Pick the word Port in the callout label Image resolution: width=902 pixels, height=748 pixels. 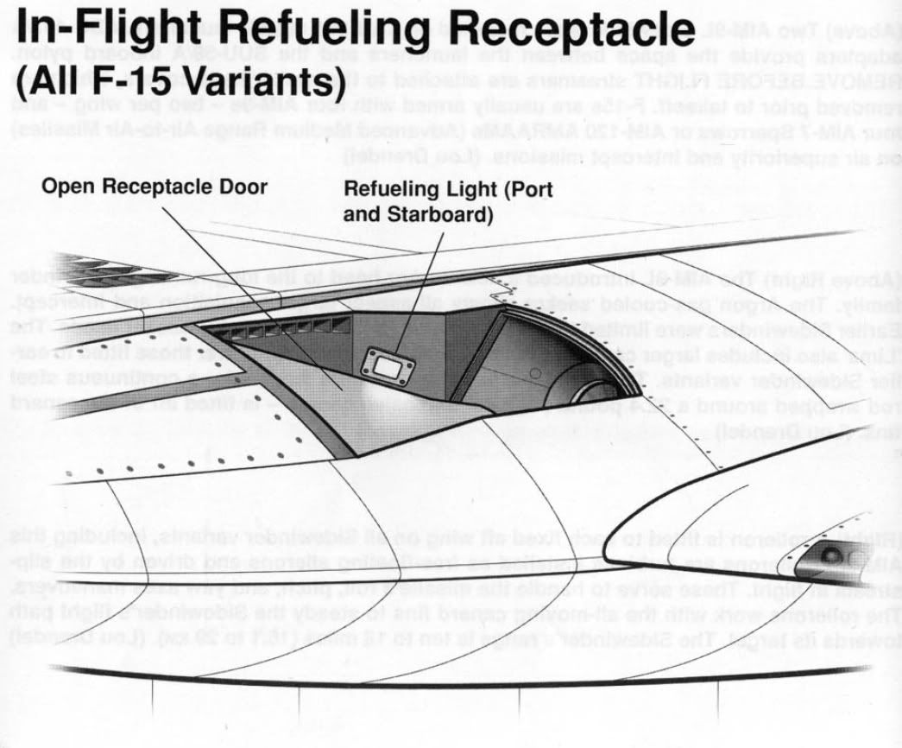click(x=527, y=190)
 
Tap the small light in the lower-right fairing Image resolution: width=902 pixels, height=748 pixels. click(x=832, y=554)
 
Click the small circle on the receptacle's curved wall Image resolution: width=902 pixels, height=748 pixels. click(x=535, y=374)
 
